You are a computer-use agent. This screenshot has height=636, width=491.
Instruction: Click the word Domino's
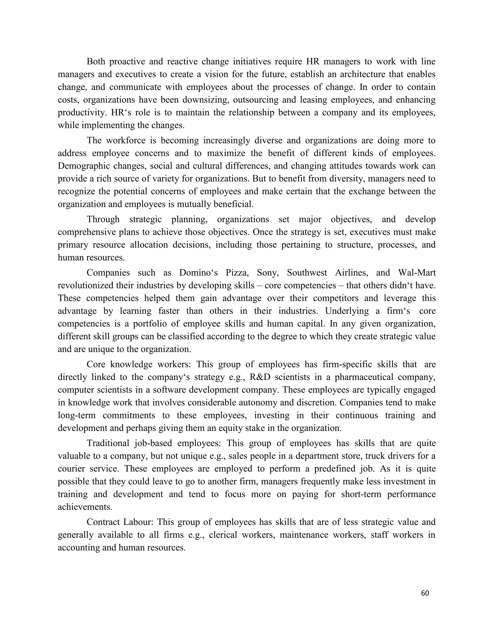click(x=198, y=273)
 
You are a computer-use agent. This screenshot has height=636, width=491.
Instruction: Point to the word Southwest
click(x=307, y=273)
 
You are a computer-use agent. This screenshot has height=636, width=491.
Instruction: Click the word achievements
click(x=85, y=507)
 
